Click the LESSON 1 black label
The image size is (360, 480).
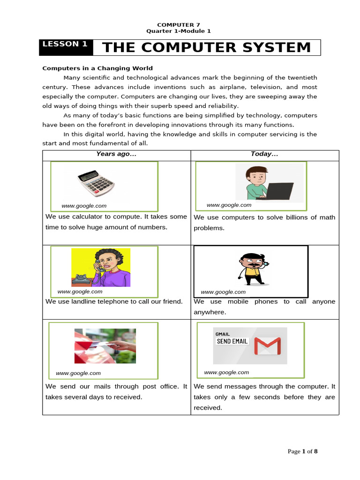click(x=65, y=45)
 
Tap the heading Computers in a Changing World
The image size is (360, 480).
click(x=97, y=68)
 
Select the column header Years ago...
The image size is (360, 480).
click(x=116, y=154)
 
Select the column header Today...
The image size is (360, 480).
click(x=264, y=154)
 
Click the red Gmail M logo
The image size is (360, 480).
click(x=267, y=346)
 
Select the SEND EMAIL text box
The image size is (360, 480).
click(x=232, y=341)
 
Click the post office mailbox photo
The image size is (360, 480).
click(x=105, y=346)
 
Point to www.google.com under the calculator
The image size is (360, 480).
click(x=84, y=206)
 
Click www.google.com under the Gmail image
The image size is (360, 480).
click(x=226, y=372)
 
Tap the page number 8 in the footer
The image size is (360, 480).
click(x=315, y=451)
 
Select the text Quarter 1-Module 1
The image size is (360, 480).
click(x=179, y=31)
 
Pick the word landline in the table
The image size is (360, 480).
click(x=82, y=301)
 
